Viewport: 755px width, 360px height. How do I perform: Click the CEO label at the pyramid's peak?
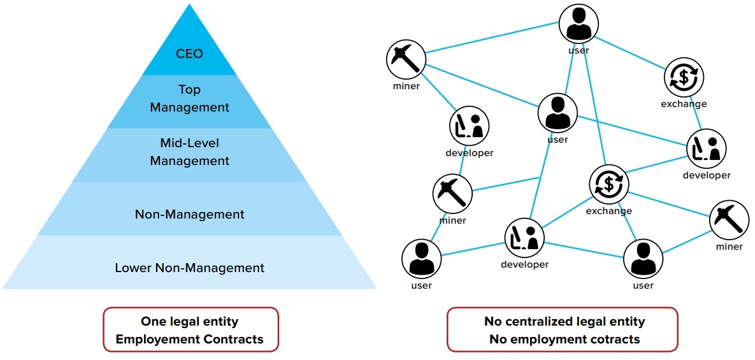pos(189,54)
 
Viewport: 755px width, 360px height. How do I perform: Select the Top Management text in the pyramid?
pos(189,99)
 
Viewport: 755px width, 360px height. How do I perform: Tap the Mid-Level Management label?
pos(189,152)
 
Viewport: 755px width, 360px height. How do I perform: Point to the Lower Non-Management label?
pos(189,268)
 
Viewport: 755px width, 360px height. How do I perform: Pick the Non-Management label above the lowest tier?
pos(189,214)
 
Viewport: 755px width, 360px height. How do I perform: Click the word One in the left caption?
pos(154,322)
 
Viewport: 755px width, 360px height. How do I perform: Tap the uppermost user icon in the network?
pos(579,24)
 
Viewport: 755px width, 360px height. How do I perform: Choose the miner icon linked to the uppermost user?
pos(406,60)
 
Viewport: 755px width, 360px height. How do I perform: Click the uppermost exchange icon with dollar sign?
pos(684,77)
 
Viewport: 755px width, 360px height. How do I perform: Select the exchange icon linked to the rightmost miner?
pos(608,184)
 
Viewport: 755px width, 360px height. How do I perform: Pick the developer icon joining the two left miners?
pos(469,126)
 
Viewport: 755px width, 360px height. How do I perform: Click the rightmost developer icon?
pos(706,148)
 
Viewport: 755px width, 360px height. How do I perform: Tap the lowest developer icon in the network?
pos(524,238)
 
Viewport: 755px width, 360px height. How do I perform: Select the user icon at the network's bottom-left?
pos(421,259)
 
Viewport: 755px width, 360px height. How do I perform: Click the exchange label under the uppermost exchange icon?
pos(684,104)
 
